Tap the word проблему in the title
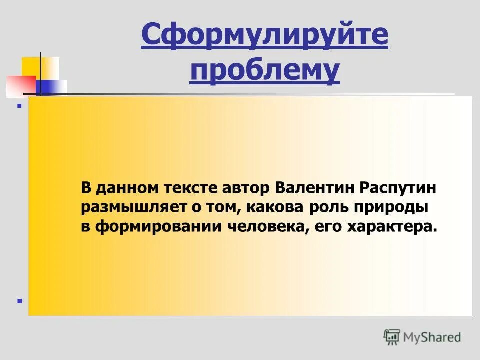(264, 71)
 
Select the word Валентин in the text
(313, 188)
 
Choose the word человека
(263, 226)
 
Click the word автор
(246, 188)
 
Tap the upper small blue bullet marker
(20, 106)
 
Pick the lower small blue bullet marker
(20, 301)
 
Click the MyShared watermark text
(431, 337)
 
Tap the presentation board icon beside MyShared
(392, 337)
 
